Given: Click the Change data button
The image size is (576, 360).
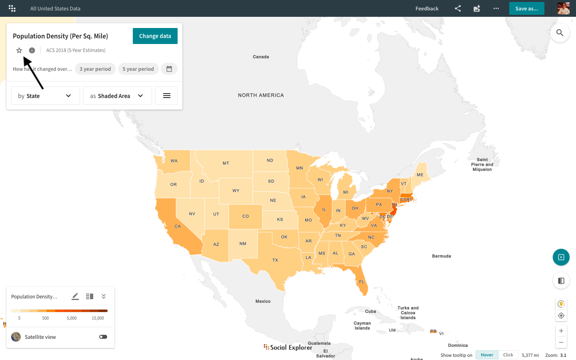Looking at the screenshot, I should [155, 36].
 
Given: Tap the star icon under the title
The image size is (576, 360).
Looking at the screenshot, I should [19, 50].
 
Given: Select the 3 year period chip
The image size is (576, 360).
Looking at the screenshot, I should [95, 69].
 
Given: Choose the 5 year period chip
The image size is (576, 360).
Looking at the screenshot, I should [138, 69].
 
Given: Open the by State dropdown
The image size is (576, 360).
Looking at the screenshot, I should [45, 96].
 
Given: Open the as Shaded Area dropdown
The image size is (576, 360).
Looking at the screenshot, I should [117, 96].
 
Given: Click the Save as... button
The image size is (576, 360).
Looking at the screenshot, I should [526, 8].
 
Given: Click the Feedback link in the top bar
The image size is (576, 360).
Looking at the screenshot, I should [427, 8].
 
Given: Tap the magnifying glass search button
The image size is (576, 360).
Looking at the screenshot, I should [560, 33].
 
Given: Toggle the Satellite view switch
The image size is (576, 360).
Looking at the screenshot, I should [103, 337].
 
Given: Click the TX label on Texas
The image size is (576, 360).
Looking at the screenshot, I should [275, 260].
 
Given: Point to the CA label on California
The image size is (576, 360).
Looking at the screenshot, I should [178, 226].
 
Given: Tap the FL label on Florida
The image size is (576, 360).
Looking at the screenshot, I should [362, 282].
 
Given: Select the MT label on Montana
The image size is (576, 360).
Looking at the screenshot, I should [226, 163].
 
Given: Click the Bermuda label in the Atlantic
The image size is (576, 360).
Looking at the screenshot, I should [442, 256].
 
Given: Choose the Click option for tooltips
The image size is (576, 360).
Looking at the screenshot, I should [508, 355].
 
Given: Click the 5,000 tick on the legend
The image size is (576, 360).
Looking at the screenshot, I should [72, 318].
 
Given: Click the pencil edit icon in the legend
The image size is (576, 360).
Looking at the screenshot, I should [75, 296].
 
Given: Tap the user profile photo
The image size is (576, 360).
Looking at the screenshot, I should [563, 8].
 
